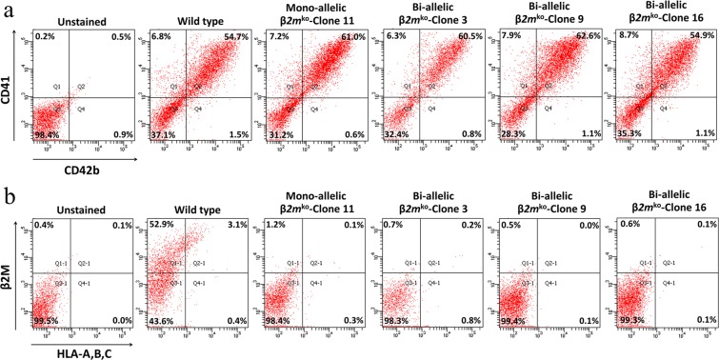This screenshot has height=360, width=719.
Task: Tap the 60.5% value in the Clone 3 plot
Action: [469, 36]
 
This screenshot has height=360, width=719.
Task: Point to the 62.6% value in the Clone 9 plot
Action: [585, 36]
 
